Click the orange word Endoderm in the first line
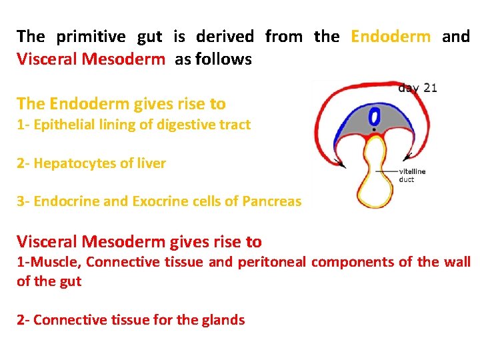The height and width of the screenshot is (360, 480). point(391,37)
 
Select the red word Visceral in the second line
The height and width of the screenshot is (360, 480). point(45,59)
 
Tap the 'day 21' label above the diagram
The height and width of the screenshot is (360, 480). point(417,87)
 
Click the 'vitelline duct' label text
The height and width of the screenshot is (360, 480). point(412,175)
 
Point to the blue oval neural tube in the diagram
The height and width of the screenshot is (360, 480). point(375,116)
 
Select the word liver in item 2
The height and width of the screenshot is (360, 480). point(150,163)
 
